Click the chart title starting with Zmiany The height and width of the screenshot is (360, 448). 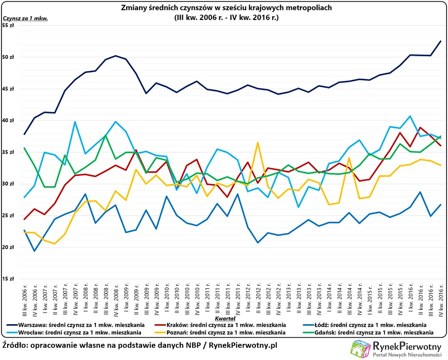[227, 8]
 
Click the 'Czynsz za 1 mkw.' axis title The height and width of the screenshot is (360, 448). [25, 18]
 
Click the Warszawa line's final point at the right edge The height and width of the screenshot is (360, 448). [440, 41]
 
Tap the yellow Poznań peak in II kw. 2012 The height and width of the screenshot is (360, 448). [258, 143]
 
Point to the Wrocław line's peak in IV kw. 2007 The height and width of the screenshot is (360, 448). [75, 122]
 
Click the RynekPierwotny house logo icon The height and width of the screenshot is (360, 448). [360, 349]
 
